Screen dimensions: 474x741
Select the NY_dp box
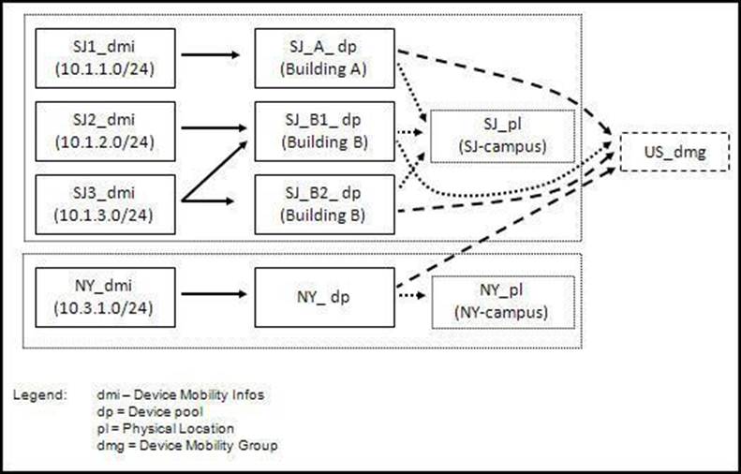point(325,291)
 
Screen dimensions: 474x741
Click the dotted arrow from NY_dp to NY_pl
point(412,297)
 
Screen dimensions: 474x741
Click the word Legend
point(39,395)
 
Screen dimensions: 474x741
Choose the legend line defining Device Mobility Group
point(186,446)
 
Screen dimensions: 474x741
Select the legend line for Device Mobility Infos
point(180,395)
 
